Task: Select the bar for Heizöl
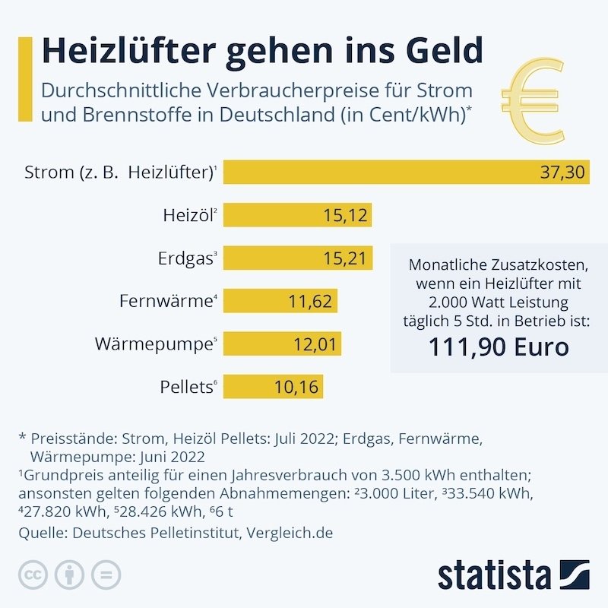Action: click(296, 216)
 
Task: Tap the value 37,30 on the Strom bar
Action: click(562, 173)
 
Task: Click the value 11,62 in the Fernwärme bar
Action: click(310, 302)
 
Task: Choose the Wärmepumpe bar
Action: click(282, 344)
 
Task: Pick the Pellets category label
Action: click(185, 387)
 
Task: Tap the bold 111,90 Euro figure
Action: click(499, 348)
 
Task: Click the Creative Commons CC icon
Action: click(33, 575)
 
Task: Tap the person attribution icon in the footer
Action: click(69, 575)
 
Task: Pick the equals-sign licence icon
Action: click(106, 575)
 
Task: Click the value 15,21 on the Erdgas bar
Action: click(344, 259)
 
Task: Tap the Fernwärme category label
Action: click(164, 301)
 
